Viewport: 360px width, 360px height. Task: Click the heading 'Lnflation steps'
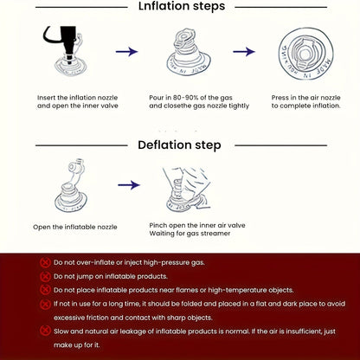click(182, 6)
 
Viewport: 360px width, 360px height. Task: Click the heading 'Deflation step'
click(179, 145)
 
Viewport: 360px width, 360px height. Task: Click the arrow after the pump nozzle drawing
click(127, 52)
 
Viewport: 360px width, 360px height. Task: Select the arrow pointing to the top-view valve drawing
click(244, 52)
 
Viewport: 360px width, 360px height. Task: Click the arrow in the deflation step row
click(129, 185)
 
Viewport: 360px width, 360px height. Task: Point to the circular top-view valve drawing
click(305, 54)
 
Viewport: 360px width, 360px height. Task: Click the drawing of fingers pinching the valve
click(187, 189)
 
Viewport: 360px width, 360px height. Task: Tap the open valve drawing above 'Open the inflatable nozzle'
click(71, 186)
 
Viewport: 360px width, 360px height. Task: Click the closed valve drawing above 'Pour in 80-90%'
click(189, 52)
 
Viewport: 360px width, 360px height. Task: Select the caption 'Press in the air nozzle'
click(305, 98)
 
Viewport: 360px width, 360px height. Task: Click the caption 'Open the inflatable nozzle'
click(75, 227)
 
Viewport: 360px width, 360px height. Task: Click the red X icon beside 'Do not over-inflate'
click(45, 262)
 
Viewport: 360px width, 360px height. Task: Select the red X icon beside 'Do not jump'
click(45, 276)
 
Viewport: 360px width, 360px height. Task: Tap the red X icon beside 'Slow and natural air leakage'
click(45, 331)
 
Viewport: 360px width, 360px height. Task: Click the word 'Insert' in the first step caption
click(46, 98)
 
